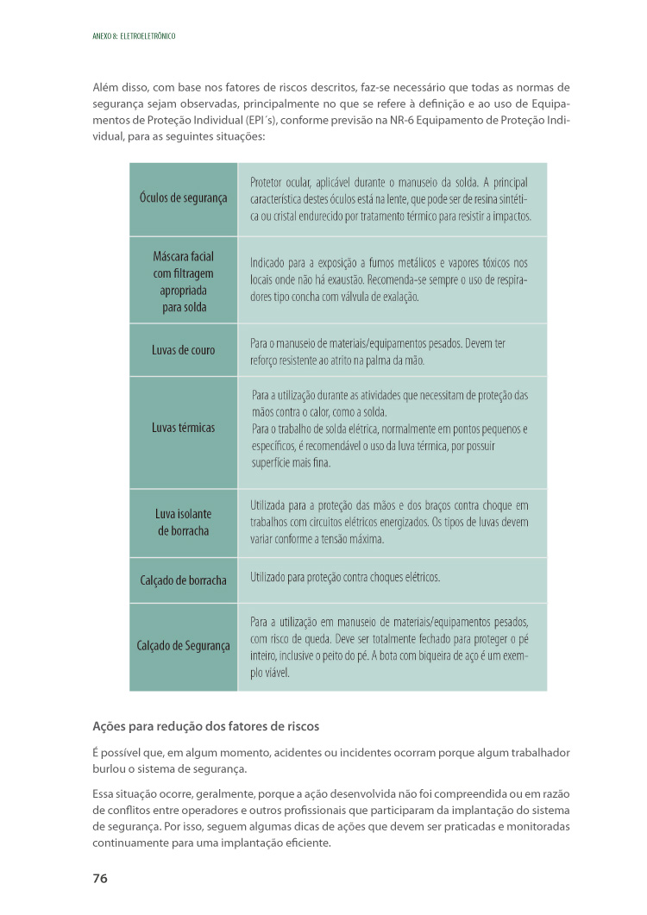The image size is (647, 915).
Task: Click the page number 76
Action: click(x=99, y=879)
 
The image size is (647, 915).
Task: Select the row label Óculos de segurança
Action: click(x=183, y=198)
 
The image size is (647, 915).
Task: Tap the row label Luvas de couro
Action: click(x=183, y=350)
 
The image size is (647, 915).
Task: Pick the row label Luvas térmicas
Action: click(x=183, y=428)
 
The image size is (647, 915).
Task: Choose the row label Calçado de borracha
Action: click(x=183, y=580)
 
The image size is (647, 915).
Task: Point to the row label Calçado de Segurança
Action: click(x=183, y=646)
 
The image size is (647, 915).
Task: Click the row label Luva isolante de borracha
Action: click(x=183, y=523)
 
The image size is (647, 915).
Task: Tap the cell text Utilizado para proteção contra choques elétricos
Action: click(x=345, y=576)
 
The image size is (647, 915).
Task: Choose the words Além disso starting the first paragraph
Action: click(x=118, y=88)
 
